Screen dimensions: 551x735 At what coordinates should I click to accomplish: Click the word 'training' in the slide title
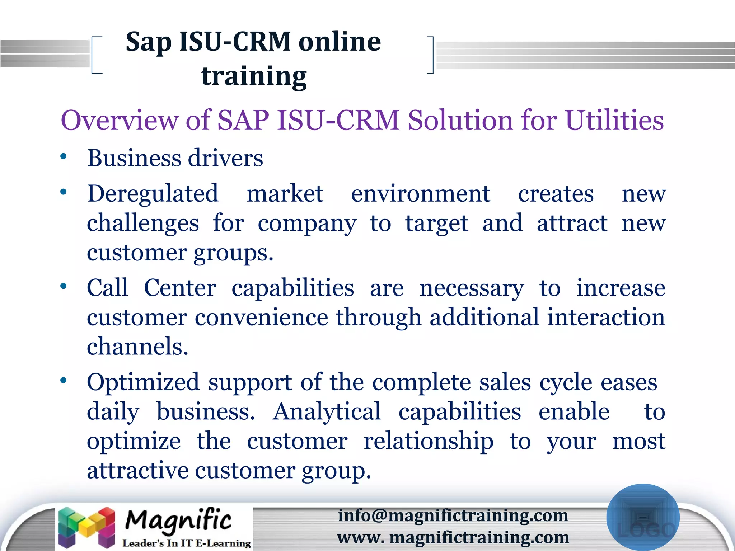pos(254,76)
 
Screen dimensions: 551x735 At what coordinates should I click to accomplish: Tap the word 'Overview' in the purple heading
pos(119,120)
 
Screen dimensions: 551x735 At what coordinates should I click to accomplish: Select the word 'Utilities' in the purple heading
pos(614,120)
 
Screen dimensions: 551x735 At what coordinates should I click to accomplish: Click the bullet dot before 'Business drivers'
pos(64,156)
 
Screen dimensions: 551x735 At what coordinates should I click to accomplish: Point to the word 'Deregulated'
pos(153,194)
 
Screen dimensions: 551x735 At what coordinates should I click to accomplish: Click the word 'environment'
pos(421,194)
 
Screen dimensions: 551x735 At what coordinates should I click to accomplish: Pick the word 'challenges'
pos(143,223)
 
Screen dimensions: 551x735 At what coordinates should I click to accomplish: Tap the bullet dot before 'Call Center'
pos(64,286)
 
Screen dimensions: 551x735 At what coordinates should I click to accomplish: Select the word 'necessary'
pos(472,288)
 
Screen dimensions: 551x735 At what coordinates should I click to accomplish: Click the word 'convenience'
pos(261,318)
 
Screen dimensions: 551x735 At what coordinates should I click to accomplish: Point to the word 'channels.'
pos(137,347)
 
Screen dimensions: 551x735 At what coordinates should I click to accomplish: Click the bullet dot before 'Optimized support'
pos(64,381)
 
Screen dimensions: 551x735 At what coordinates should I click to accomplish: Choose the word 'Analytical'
pos(327,411)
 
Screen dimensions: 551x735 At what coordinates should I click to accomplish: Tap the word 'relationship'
pos(429,441)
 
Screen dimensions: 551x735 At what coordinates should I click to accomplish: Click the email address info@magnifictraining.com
pos(453,515)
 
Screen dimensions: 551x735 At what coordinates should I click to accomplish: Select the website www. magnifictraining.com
pos(453,537)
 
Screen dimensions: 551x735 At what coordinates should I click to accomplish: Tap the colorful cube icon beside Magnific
pos(87,527)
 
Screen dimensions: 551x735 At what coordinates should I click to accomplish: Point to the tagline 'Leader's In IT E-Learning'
pos(186,543)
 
